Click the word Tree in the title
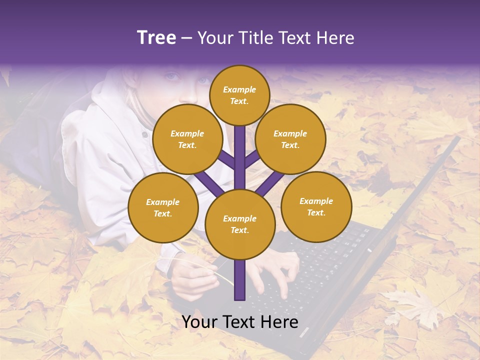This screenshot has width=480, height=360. coord(156,37)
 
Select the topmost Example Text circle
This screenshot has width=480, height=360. coord(239,95)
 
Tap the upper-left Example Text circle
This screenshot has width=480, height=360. coord(187,139)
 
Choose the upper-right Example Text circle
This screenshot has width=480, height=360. coord(290,139)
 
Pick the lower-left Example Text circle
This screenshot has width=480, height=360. coord(163,207)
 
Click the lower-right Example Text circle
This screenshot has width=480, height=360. coord(316,206)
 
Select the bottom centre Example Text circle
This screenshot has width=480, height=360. coord(239,224)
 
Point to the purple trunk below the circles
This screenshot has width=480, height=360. coord(239,280)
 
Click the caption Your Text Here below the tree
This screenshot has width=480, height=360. coord(239,321)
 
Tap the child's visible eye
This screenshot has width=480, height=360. coord(172,76)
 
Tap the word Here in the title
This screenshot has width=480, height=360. coord(335,37)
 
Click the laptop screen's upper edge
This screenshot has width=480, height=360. coord(430,165)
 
